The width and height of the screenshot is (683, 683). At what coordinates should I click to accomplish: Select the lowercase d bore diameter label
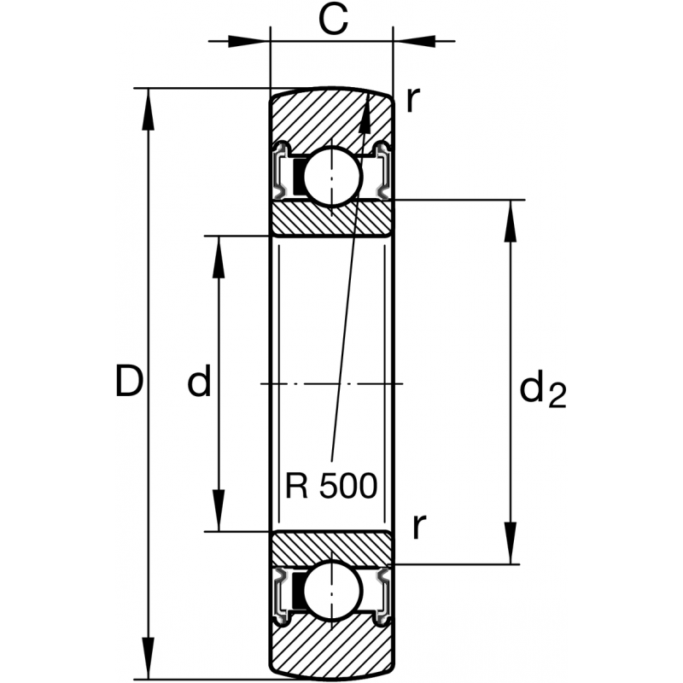coord(199,382)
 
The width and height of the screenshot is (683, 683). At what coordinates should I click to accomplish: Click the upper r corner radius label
coord(412,101)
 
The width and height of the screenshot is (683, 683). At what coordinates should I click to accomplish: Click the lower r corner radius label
coord(417,527)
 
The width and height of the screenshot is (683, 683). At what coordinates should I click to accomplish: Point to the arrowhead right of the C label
coord(414,38)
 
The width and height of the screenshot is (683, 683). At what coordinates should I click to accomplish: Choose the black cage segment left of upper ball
coord(298,175)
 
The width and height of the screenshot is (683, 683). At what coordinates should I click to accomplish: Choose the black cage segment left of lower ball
coord(298,591)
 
